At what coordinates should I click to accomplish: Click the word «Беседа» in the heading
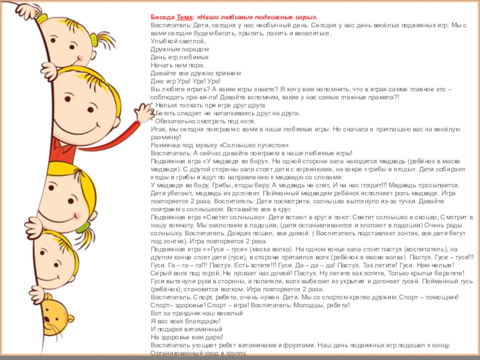click(x=161, y=19)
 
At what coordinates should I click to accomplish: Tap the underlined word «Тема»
click(x=184, y=19)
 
